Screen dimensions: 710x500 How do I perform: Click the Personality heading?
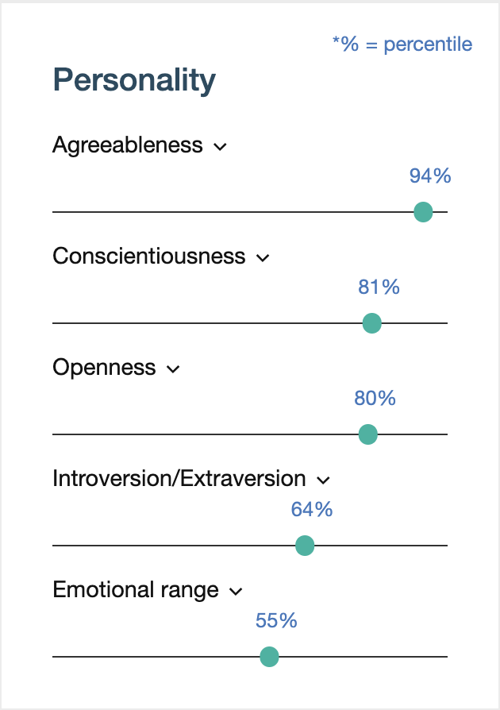134,81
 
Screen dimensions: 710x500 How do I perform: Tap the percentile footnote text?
402,44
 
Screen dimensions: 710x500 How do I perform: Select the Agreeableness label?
128,145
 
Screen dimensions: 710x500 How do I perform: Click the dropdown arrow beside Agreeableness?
221,147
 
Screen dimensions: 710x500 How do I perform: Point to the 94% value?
430,176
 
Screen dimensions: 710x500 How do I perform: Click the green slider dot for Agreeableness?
423,212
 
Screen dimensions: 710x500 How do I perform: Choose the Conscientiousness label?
149,257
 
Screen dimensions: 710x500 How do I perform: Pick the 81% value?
379,287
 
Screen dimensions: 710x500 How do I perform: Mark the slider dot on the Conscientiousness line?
371,323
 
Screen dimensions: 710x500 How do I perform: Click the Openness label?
104,368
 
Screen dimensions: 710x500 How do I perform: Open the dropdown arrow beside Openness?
173,369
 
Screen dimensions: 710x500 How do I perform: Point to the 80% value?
375,398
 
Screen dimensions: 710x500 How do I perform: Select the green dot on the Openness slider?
367,434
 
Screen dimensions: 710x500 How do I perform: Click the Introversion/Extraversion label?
179,479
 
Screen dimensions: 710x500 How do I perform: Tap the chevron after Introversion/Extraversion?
323,480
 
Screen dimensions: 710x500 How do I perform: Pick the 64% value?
312,509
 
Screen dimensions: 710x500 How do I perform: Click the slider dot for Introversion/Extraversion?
305,546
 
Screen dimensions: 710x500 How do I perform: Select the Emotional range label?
136,590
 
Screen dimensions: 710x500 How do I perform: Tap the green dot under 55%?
270,657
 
